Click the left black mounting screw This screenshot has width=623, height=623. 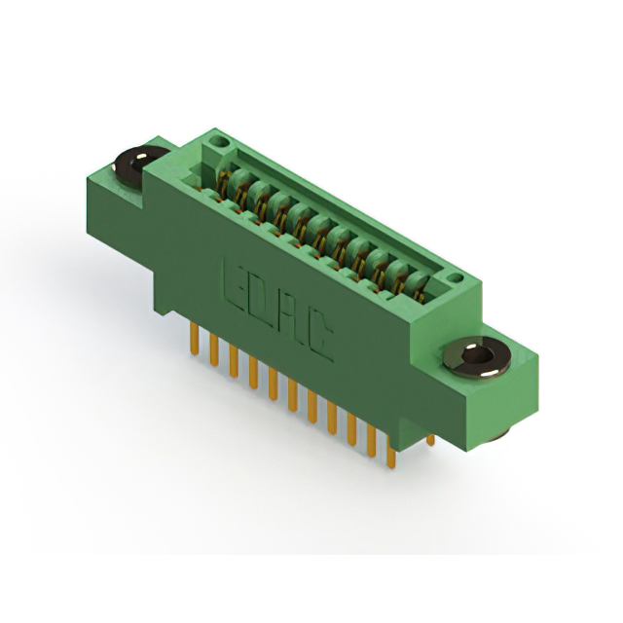coord(139,165)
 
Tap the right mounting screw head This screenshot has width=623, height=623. coord(477,357)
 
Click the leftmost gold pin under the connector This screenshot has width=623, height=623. coord(194,338)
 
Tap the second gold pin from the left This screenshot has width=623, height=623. coord(214,349)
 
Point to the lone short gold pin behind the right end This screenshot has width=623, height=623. coord(430,439)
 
